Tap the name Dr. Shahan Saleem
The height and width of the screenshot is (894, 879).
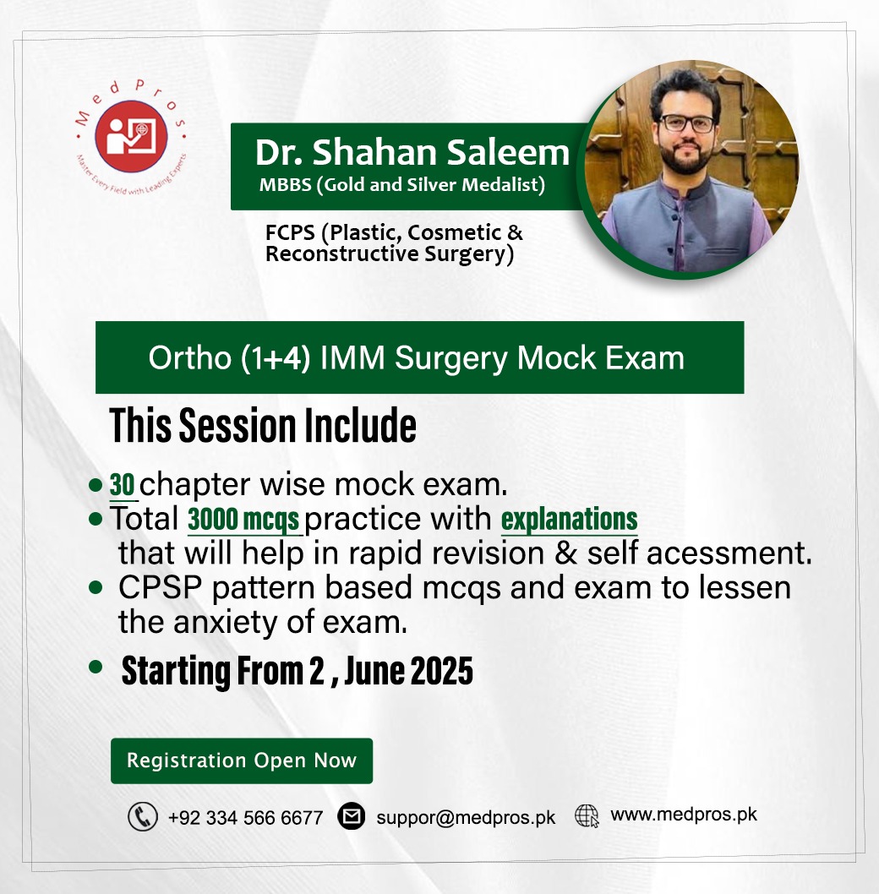tap(412, 153)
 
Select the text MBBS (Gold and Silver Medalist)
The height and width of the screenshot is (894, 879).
tap(401, 185)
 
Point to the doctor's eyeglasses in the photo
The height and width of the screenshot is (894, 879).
tap(686, 123)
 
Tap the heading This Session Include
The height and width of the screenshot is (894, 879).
tap(263, 427)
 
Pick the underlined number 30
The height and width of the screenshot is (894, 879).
tap(123, 485)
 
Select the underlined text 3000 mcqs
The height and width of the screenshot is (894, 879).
tap(243, 520)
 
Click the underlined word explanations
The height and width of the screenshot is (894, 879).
tap(569, 518)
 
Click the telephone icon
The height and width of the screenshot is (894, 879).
tap(142, 817)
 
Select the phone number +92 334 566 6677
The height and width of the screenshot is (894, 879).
tap(245, 818)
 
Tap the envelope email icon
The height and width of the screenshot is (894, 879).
tap(351, 817)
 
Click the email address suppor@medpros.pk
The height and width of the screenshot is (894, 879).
tap(466, 818)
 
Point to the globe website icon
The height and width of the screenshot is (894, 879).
tap(587, 815)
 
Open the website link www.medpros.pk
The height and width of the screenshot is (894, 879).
tap(683, 815)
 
